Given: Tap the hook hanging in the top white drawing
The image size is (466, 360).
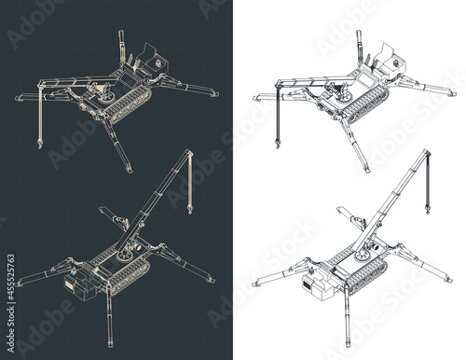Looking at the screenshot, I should [277, 142].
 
